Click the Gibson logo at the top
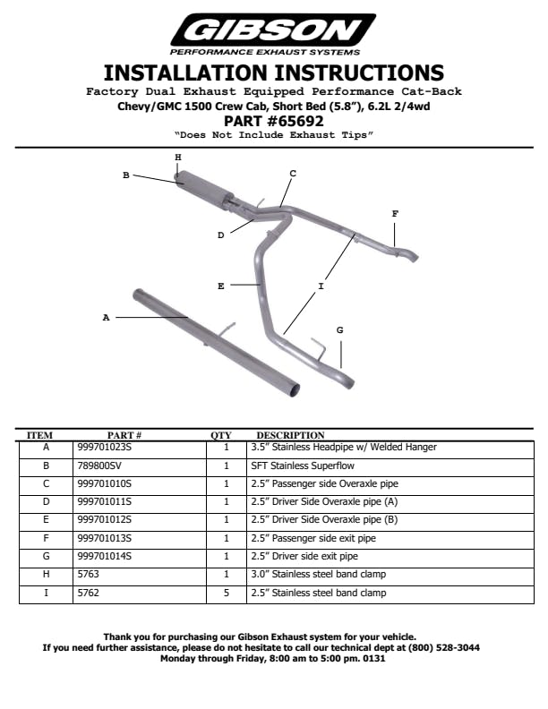pos(273,31)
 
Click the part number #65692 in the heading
pos(273,121)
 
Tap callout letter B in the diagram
pos(126,175)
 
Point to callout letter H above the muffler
pos(178,158)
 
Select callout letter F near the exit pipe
pos(395,213)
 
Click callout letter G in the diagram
pos(339,330)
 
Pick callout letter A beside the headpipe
pos(106,317)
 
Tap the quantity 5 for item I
pos(227,593)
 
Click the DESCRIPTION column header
pos(290,436)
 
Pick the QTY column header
pos(221,436)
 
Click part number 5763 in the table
pos(90,574)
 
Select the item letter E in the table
pos(46,519)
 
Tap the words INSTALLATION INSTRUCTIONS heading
pos(273,73)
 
